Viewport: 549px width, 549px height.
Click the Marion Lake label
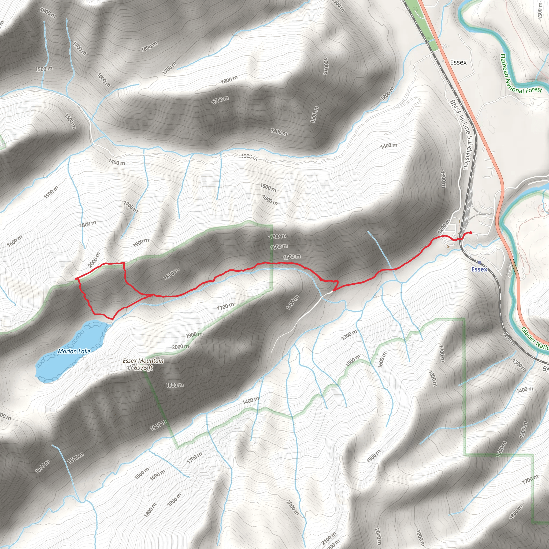click(74, 351)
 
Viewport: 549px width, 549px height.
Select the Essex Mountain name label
click(143, 361)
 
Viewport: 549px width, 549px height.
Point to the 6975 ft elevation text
click(143, 368)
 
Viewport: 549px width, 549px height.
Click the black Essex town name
click(458, 62)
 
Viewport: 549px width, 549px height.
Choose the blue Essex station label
click(479, 269)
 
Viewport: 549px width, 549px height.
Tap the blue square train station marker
click(479, 262)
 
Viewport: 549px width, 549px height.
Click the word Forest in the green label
click(534, 90)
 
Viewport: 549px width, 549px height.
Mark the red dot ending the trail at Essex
click(471, 233)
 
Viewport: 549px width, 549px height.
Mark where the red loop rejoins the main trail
click(151, 295)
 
